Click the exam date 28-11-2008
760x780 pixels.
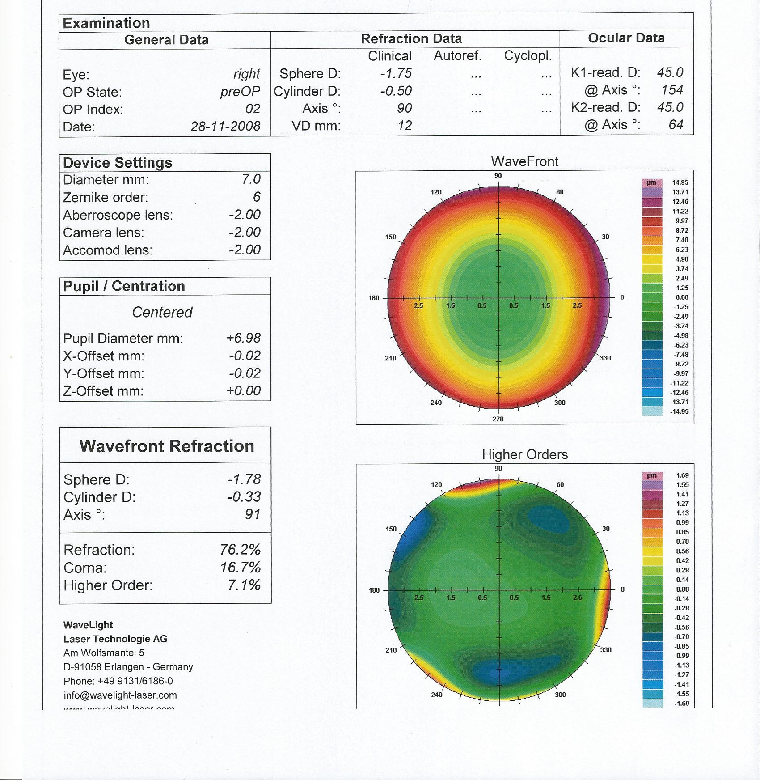click(225, 127)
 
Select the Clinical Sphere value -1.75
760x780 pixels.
click(396, 73)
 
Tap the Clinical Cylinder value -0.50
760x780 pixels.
click(396, 91)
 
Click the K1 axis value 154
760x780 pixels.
click(671, 90)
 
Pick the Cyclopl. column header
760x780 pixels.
click(528, 56)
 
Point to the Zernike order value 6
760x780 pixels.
click(256, 197)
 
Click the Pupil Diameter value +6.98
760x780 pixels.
click(243, 338)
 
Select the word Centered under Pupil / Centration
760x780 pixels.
click(162, 312)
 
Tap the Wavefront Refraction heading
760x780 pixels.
click(167, 446)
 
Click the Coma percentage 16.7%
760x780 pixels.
click(240, 568)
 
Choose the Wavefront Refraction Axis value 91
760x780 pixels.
click(252, 514)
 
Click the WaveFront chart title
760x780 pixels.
click(524, 161)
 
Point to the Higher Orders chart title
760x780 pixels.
click(524, 455)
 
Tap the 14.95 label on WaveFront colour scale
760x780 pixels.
click(680, 182)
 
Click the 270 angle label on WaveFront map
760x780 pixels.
click(498, 419)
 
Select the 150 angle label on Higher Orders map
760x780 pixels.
click(391, 529)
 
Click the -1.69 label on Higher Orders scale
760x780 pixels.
click(681, 704)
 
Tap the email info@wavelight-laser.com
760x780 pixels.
click(120, 695)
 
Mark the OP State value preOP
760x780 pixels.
click(240, 92)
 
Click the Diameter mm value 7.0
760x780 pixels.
click(251, 179)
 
